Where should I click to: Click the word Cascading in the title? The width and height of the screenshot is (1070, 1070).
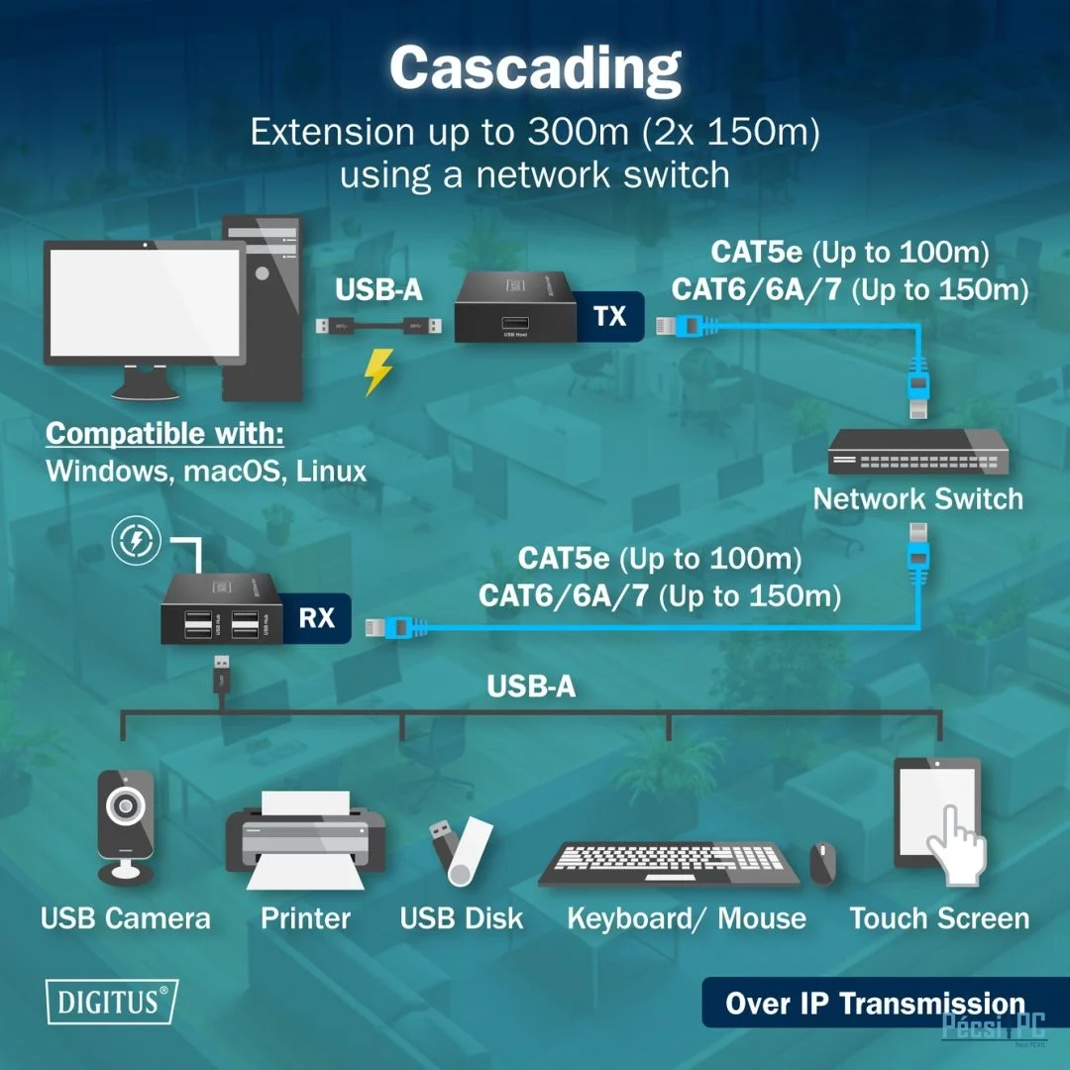[x=535, y=67]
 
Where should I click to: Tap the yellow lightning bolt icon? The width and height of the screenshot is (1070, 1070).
[x=378, y=372]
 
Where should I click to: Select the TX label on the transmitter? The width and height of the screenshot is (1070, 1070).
[x=609, y=316]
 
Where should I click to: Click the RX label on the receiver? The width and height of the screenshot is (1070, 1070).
[x=316, y=619]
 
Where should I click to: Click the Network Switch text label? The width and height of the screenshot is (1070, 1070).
[x=917, y=498]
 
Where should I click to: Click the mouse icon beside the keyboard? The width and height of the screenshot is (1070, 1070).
[x=822, y=863]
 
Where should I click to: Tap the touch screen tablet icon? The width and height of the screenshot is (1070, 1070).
[x=938, y=816]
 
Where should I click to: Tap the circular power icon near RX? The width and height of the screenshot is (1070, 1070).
[x=136, y=541]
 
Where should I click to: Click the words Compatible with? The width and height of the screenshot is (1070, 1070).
[x=164, y=434]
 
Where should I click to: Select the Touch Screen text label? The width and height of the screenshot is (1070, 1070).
[x=939, y=918]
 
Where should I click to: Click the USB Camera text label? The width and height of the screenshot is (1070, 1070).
[x=126, y=918]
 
